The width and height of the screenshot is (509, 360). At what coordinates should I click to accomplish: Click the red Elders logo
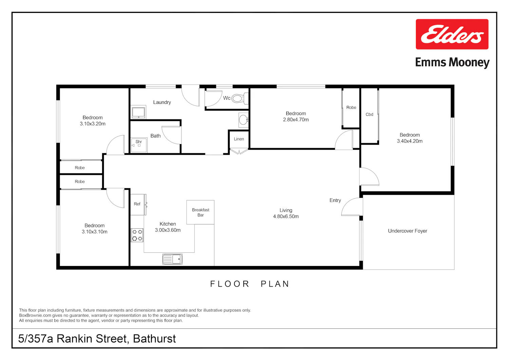(452, 34)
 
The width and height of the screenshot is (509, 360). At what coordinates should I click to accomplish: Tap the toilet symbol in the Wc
(240, 98)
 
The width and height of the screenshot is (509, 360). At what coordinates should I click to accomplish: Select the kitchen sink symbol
(172, 259)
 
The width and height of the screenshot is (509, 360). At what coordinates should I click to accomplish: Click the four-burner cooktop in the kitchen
(137, 235)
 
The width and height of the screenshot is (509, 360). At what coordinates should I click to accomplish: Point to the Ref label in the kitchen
(137, 204)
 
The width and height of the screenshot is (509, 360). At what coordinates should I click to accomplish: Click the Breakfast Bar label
(201, 212)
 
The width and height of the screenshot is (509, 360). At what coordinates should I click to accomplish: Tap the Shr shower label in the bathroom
(138, 141)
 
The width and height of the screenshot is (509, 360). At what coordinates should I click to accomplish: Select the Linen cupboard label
(239, 139)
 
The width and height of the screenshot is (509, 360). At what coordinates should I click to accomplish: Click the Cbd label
(369, 114)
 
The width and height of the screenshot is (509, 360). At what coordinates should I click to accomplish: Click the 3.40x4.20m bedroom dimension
(410, 141)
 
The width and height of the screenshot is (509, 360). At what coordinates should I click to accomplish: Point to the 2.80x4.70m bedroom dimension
(296, 119)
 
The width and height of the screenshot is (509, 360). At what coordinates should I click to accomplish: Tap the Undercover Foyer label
(408, 231)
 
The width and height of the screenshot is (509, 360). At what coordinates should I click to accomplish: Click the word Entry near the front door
(335, 200)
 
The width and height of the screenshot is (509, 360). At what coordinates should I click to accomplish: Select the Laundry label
(162, 102)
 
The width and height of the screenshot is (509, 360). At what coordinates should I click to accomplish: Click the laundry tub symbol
(138, 112)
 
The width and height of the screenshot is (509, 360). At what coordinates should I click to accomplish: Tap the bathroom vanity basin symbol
(244, 120)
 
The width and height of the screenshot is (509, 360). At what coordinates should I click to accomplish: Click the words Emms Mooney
(452, 62)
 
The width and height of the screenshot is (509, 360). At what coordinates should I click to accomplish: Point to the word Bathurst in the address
(154, 339)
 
